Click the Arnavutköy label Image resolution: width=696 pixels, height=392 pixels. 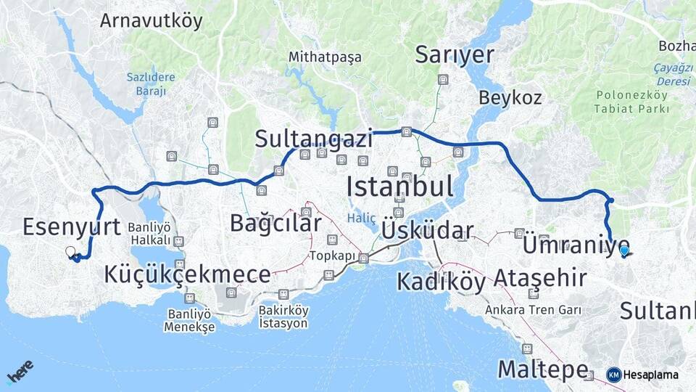pos(151,20)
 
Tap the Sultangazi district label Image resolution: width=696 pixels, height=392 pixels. pos(313,139)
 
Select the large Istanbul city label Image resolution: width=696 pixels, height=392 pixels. pos(399,186)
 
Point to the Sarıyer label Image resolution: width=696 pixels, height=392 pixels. pos(455,55)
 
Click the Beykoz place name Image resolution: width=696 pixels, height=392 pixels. pos(510,97)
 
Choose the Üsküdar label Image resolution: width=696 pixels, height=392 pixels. pos(427,231)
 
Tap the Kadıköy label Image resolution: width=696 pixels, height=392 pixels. pos(441,281)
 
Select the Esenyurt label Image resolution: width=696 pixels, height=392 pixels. pos(71,226)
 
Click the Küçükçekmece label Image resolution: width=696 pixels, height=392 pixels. pos(187,274)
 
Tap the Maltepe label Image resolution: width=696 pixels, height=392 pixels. pos(542,369)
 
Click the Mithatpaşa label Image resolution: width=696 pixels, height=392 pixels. pos(325,57)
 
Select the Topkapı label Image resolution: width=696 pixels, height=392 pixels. pos(333,256)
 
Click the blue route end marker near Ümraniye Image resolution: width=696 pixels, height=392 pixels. pos(624,251)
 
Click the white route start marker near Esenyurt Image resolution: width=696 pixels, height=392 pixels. pos(70,252)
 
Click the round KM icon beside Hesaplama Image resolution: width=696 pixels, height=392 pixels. pos(613,375)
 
